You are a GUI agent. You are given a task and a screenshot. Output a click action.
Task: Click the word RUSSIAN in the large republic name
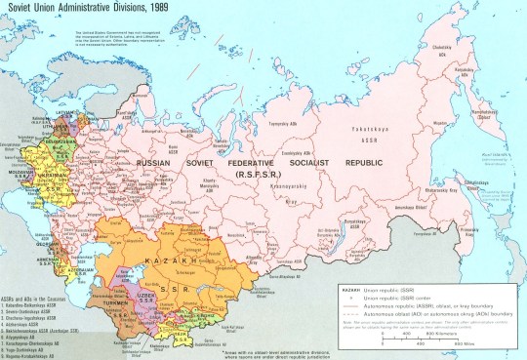click(157, 163)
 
